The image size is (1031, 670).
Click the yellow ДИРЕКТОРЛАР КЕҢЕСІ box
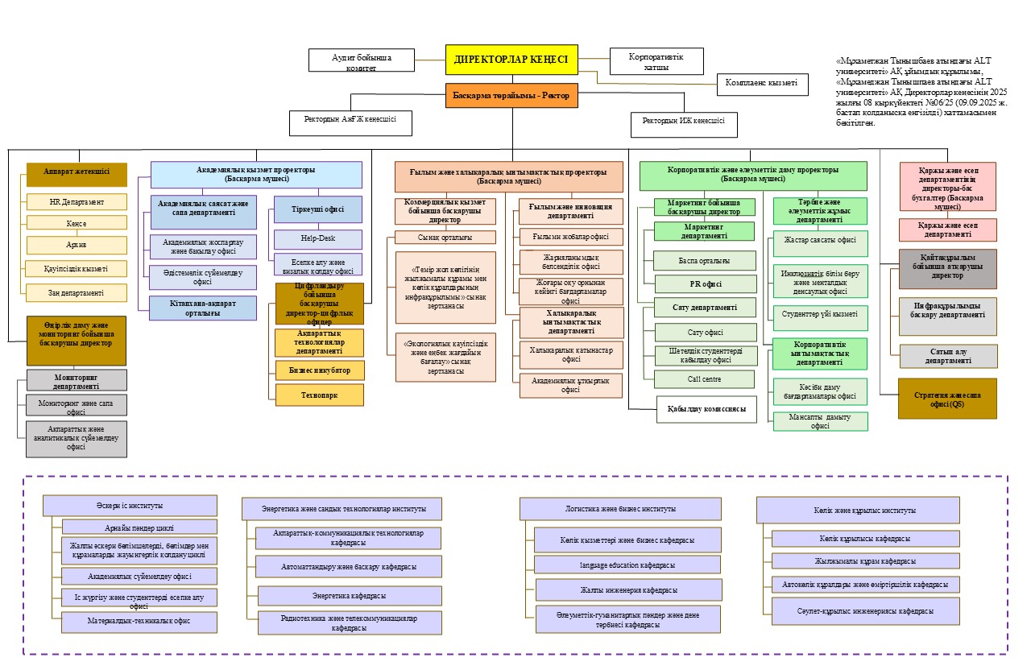tap(511, 60)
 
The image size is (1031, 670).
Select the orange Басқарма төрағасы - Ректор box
tap(511, 96)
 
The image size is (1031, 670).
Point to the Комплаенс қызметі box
tap(761, 83)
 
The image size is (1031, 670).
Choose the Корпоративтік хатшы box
tap(656, 61)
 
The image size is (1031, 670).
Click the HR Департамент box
tap(77, 201)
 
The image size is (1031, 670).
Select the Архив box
tap(77, 245)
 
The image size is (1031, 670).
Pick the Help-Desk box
tap(318, 239)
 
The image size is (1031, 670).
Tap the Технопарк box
tap(320, 395)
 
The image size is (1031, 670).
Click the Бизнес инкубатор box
tap(320, 370)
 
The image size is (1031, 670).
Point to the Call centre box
tap(705, 378)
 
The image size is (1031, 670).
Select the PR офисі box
tap(705, 283)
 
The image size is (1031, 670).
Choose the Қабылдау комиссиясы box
tap(706, 409)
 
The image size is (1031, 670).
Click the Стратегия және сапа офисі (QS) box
tap(947, 399)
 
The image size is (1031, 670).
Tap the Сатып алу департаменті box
tap(948, 356)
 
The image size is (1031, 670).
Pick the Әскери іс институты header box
tap(130, 506)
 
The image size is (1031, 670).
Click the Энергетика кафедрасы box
tap(349, 596)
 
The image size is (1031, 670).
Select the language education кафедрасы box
tap(627, 565)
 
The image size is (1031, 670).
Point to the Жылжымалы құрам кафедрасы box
tap(866, 561)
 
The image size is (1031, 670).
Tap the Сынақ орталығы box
tap(445, 238)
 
